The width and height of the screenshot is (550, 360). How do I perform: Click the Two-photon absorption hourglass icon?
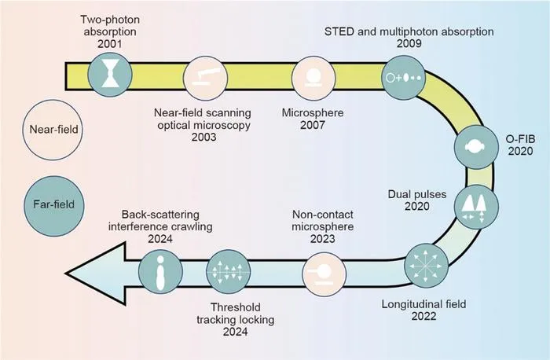tap(110, 75)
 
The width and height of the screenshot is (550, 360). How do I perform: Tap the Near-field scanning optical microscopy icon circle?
tap(206, 78)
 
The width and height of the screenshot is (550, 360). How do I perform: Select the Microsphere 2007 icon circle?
tap(313, 78)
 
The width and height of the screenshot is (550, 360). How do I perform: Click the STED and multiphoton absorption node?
tap(404, 77)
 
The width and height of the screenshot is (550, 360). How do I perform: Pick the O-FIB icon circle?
tap(476, 147)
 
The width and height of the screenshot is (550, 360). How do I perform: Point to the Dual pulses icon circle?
tap(476, 207)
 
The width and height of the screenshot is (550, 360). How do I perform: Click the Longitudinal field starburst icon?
tap(426, 266)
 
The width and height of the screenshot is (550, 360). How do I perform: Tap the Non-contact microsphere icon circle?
tap(324, 273)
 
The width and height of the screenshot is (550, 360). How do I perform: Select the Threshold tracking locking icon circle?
tap(229, 272)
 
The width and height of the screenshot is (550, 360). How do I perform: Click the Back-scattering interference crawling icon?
tap(160, 272)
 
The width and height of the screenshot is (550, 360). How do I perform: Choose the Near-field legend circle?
tap(53, 130)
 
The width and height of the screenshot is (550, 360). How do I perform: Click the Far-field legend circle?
tap(53, 206)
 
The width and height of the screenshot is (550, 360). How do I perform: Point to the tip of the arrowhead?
tap(65, 273)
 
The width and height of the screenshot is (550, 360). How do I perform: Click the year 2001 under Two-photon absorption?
tap(110, 44)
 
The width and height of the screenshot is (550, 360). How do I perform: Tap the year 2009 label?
tap(409, 43)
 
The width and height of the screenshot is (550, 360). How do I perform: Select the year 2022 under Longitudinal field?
tap(423, 316)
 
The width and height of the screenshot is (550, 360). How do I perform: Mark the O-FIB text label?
tap(520, 139)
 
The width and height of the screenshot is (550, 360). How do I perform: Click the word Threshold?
tap(236, 307)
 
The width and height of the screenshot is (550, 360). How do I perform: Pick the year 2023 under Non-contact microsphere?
tap(323, 239)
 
